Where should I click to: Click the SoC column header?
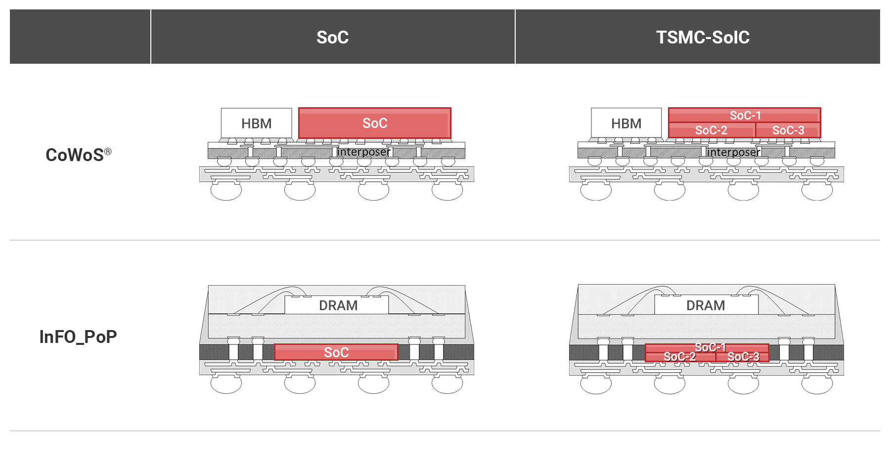click(332, 37)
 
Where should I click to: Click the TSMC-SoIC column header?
click(703, 37)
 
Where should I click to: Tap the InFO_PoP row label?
click(78, 336)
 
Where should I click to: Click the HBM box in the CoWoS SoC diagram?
click(256, 123)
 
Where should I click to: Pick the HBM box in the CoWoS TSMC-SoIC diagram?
click(626, 123)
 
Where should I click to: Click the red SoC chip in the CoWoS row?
click(375, 123)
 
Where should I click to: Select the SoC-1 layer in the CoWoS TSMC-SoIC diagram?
click(745, 115)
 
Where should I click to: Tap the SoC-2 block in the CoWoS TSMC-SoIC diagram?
click(711, 130)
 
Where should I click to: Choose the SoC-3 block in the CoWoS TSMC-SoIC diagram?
click(788, 130)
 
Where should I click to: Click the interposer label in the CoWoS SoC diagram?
click(363, 152)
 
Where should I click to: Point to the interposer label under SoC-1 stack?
click(733, 152)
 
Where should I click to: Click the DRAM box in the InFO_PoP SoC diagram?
click(338, 305)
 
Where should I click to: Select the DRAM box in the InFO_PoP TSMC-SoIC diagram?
click(706, 305)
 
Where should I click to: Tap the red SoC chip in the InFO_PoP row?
click(336, 352)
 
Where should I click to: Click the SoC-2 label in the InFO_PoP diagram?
click(679, 357)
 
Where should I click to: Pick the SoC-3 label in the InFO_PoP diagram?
click(743, 357)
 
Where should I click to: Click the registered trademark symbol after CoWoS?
click(108, 151)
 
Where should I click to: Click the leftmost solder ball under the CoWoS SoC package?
click(226, 191)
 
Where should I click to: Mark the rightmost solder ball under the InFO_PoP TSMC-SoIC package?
click(817, 384)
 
